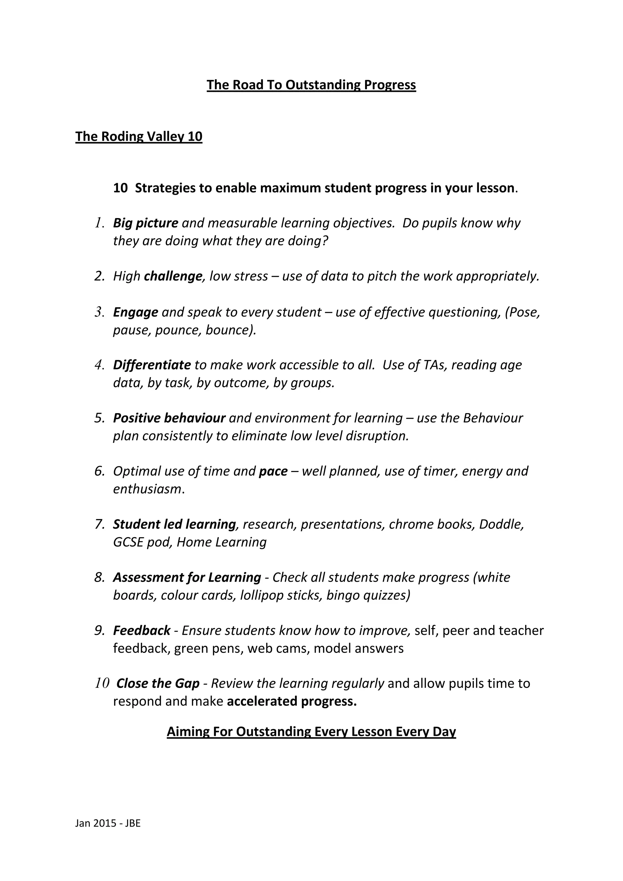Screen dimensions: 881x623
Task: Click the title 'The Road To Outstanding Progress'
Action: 311,85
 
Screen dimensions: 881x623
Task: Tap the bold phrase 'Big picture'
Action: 145,223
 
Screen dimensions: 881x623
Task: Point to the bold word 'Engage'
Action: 135,312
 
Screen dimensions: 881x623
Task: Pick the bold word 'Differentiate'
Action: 151,365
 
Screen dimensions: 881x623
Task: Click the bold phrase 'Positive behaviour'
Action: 169,418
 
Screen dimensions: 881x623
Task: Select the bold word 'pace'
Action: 273,471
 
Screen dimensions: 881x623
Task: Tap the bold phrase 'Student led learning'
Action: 174,524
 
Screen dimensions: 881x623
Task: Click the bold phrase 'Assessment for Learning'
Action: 187,577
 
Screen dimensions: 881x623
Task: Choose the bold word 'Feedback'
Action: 141,630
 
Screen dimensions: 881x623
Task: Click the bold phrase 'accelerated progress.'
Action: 292,702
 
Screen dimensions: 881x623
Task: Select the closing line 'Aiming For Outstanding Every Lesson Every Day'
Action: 311,732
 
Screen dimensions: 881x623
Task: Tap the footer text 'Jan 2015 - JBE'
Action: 108,823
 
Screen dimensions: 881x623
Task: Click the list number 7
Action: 99,524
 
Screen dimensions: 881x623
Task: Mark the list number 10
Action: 102,683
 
